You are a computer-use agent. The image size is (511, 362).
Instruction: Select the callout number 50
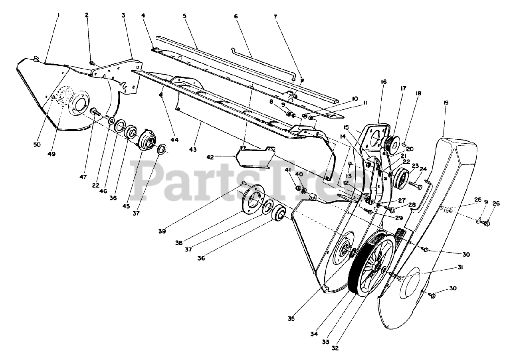[x=37, y=145]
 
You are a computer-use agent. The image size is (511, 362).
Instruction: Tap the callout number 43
[x=193, y=150]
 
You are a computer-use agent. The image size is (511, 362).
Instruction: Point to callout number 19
[x=446, y=103]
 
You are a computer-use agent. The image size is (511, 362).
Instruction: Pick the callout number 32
[x=335, y=348]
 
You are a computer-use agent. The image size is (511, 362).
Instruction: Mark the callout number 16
[x=384, y=82]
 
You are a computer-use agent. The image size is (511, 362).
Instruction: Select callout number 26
[x=496, y=203]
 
